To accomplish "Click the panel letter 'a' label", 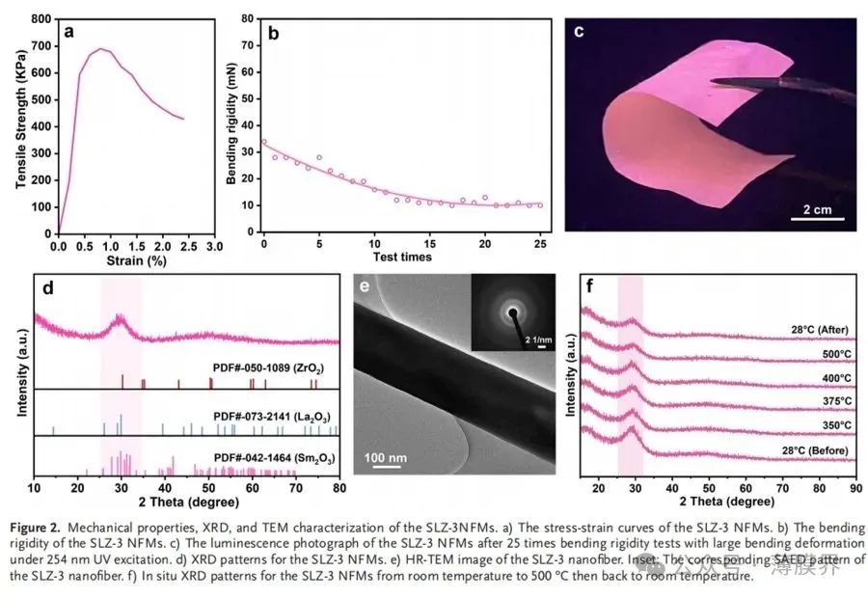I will (x=68, y=31).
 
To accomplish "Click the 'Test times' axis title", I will (x=402, y=257).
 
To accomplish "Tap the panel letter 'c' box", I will (x=581, y=30).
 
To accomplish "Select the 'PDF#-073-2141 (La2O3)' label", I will (x=268, y=413).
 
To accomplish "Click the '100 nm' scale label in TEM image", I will (x=388, y=455).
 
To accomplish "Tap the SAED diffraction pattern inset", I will (x=512, y=312).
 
